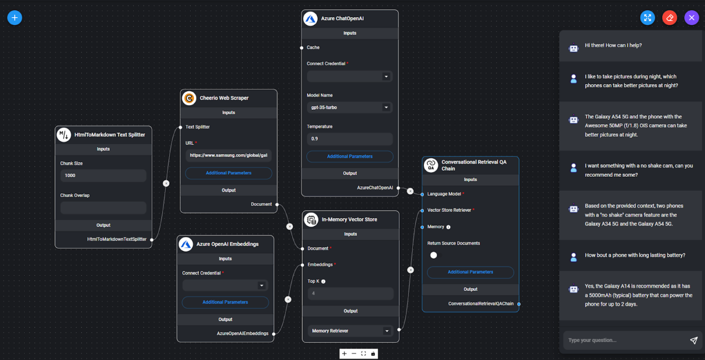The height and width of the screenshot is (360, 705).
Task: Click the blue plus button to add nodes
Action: [x=15, y=18]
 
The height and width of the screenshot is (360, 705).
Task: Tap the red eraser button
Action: [x=669, y=18]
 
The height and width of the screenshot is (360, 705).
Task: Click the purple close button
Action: [x=691, y=18]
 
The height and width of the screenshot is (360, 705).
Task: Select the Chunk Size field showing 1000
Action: [x=103, y=176]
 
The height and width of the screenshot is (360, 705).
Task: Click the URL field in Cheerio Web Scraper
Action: [x=229, y=155]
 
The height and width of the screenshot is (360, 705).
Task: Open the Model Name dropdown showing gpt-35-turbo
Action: [x=349, y=108]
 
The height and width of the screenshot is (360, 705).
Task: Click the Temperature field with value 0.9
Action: [x=349, y=139]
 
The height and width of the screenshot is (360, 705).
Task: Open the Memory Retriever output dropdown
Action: [x=350, y=331]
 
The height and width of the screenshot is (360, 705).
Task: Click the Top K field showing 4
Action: [x=350, y=293]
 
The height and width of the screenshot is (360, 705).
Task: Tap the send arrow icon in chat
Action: [x=694, y=340]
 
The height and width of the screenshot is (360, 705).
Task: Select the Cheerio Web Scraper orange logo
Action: [x=189, y=98]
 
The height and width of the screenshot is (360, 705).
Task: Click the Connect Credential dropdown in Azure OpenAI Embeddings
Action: [x=225, y=285]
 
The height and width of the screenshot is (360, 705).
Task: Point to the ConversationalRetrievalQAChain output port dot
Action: [x=519, y=304]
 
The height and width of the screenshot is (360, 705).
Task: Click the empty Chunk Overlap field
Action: [x=103, y=207]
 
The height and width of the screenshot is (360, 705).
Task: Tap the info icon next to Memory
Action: [x=448, y=227]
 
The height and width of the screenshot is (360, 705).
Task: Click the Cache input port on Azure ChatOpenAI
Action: [x=302, y=48]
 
